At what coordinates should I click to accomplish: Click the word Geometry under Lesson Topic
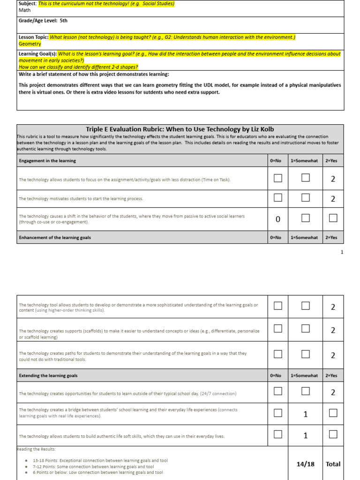30,44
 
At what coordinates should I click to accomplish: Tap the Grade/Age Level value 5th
63,21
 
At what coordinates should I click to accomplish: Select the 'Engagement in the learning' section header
47,161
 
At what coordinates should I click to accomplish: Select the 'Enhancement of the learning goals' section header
55,238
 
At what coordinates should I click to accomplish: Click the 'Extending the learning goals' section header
48,375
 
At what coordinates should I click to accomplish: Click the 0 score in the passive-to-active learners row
278,219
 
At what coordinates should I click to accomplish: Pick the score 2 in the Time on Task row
333,179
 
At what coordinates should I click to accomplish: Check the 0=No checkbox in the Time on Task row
278,178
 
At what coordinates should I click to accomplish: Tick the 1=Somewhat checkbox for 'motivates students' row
306,198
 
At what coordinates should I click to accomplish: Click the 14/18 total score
306,464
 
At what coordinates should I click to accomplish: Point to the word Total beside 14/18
333,464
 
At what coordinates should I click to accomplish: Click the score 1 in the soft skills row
306,435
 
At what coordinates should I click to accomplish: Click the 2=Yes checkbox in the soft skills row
333,435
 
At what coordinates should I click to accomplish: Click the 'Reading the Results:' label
36,449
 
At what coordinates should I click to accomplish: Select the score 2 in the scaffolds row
333,330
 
